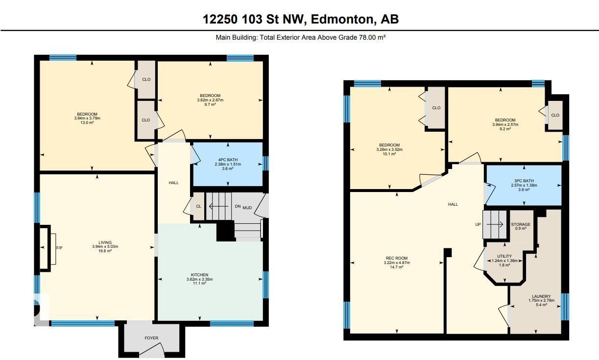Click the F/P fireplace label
[59, 248]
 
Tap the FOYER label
[151, 338]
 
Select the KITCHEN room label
[199, 275]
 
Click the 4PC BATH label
[228, 160]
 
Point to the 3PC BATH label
[524, 181]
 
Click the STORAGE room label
[521, 224]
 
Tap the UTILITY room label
[504, 256]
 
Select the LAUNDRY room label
[541, 296]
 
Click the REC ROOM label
[397, 258]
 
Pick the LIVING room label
[105, 242]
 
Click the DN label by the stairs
[238, 207]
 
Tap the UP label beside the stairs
[478, 224]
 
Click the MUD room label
[247, 208]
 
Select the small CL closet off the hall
[199, 206]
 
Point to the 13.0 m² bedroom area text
[88, 123]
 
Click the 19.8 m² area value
[105, 251]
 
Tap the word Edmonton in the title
[342, 19]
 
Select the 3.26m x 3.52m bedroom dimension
[389, 149]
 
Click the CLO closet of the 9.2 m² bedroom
[555, 115]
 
